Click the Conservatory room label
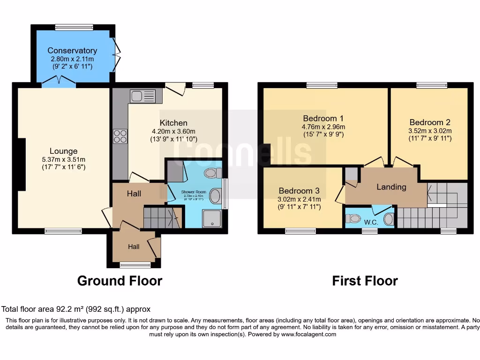pyautogui.click(x=72, y=51)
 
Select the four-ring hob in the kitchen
pyautogui.click(x=120, y=136)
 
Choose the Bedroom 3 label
pyautogui.click(x=299, y=191)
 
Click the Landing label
pyautogui.click(x=391, y=187)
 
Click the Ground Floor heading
pyautogui.click(x=120, y=281)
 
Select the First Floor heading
pyautogui.click(x=365, y=281)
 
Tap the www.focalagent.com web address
pyautogui.click(x=308, y=335)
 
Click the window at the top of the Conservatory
pyautogui.click(x=67, y=27)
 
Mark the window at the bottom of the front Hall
pyautogui.click(x=135, y=265)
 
